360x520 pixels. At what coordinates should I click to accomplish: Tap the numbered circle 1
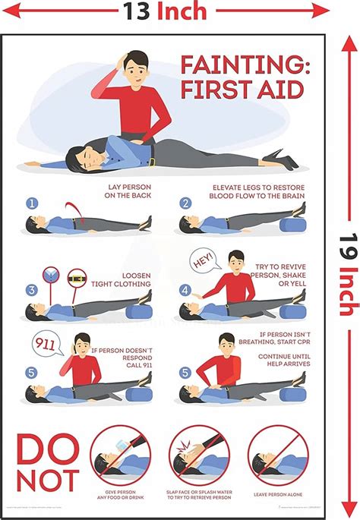[32, 203]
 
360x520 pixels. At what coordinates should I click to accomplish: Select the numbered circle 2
[185, 203]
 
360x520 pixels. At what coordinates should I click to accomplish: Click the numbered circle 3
[32, 289]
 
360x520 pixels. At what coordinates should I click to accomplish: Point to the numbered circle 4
[185, 289]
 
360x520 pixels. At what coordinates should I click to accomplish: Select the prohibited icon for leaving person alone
[278, 455]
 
